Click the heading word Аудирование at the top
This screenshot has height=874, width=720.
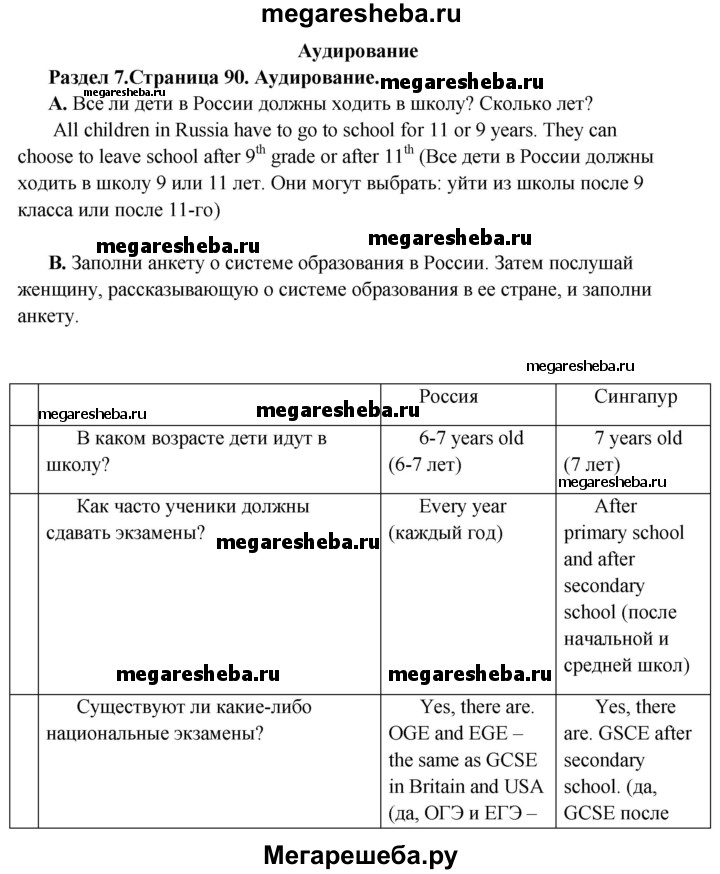click(x=359, y=51)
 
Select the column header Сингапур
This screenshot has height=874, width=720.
click(x=636, y=396)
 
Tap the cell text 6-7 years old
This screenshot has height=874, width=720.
click(x=471, y=438)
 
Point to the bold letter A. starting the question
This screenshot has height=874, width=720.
click(x=57, y=103)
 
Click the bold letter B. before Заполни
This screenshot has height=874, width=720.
click(x=57, y=264)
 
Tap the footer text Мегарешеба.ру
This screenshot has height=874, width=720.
click(x=360, y=853)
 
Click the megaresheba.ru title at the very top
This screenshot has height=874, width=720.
click(x=359, y=15)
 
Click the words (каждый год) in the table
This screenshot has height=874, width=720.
click(x=446, y=532)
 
